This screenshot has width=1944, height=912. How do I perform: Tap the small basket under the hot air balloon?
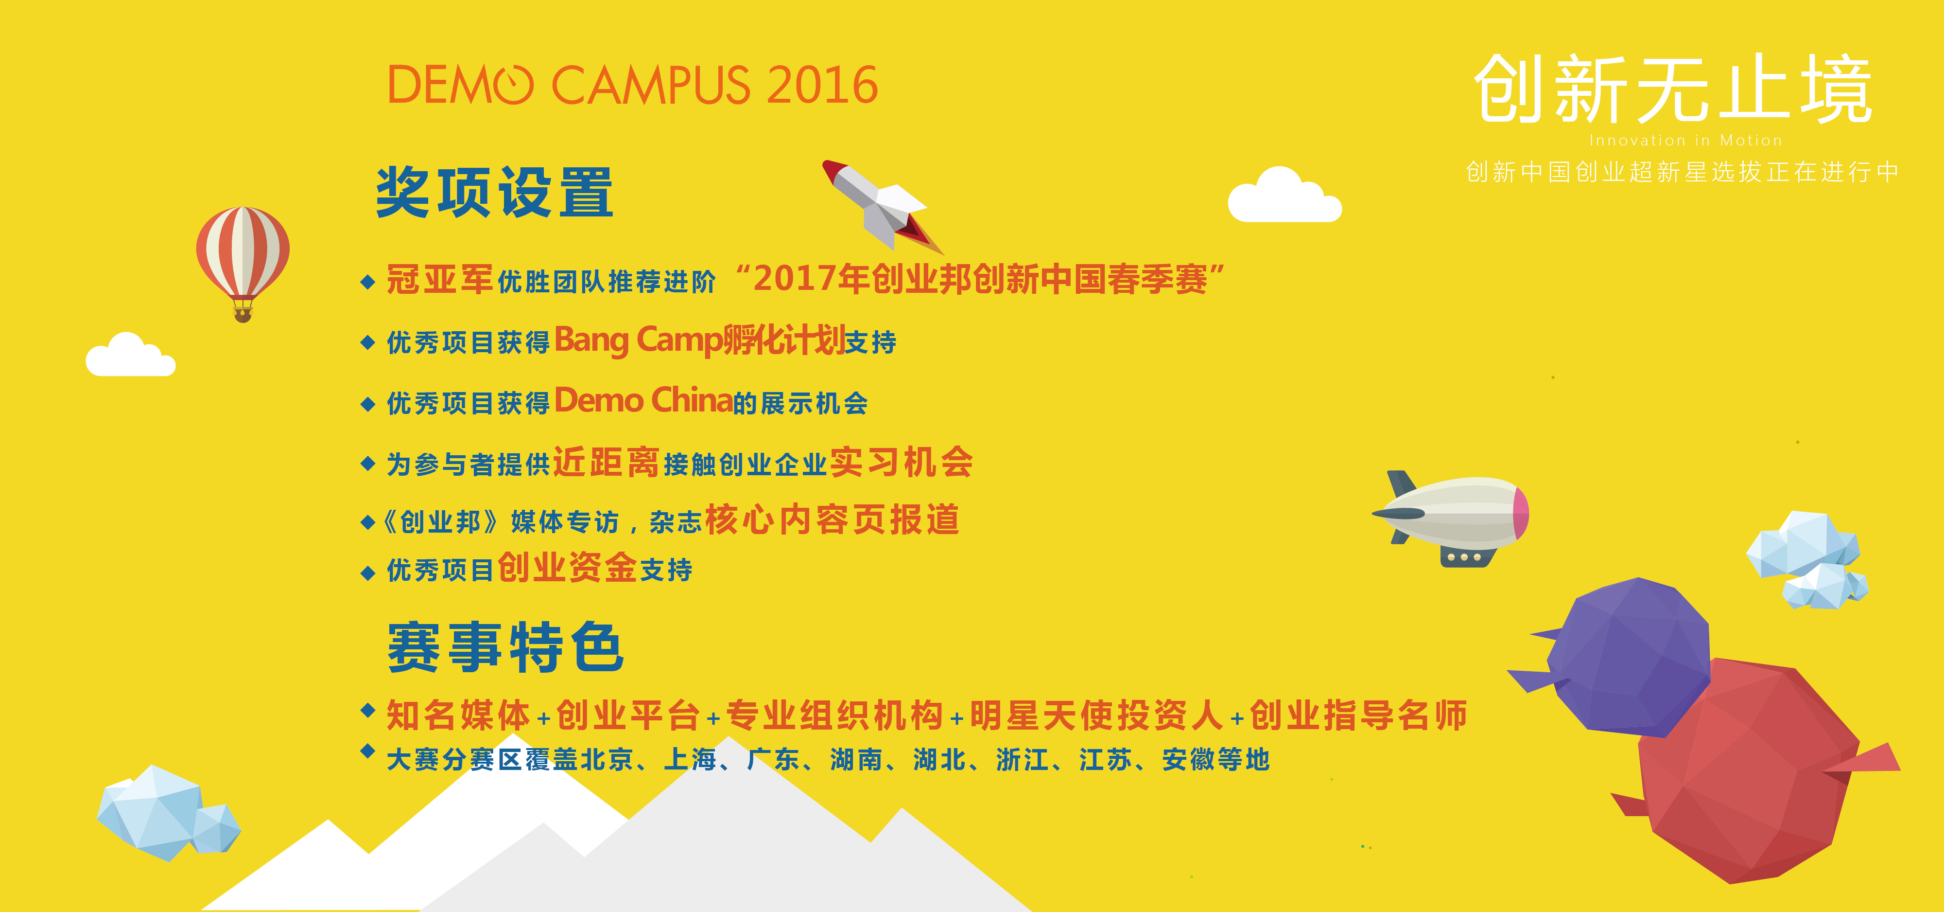pos(242,313)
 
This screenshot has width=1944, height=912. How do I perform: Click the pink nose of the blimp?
pos(1521,513)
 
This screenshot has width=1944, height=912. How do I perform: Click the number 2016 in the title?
pos(823,85)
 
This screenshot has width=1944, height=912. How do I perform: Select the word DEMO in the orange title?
pos(460,85)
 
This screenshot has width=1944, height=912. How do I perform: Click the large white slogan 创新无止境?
pos(1673,89)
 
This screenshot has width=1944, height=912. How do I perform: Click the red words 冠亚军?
pos(439,279)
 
